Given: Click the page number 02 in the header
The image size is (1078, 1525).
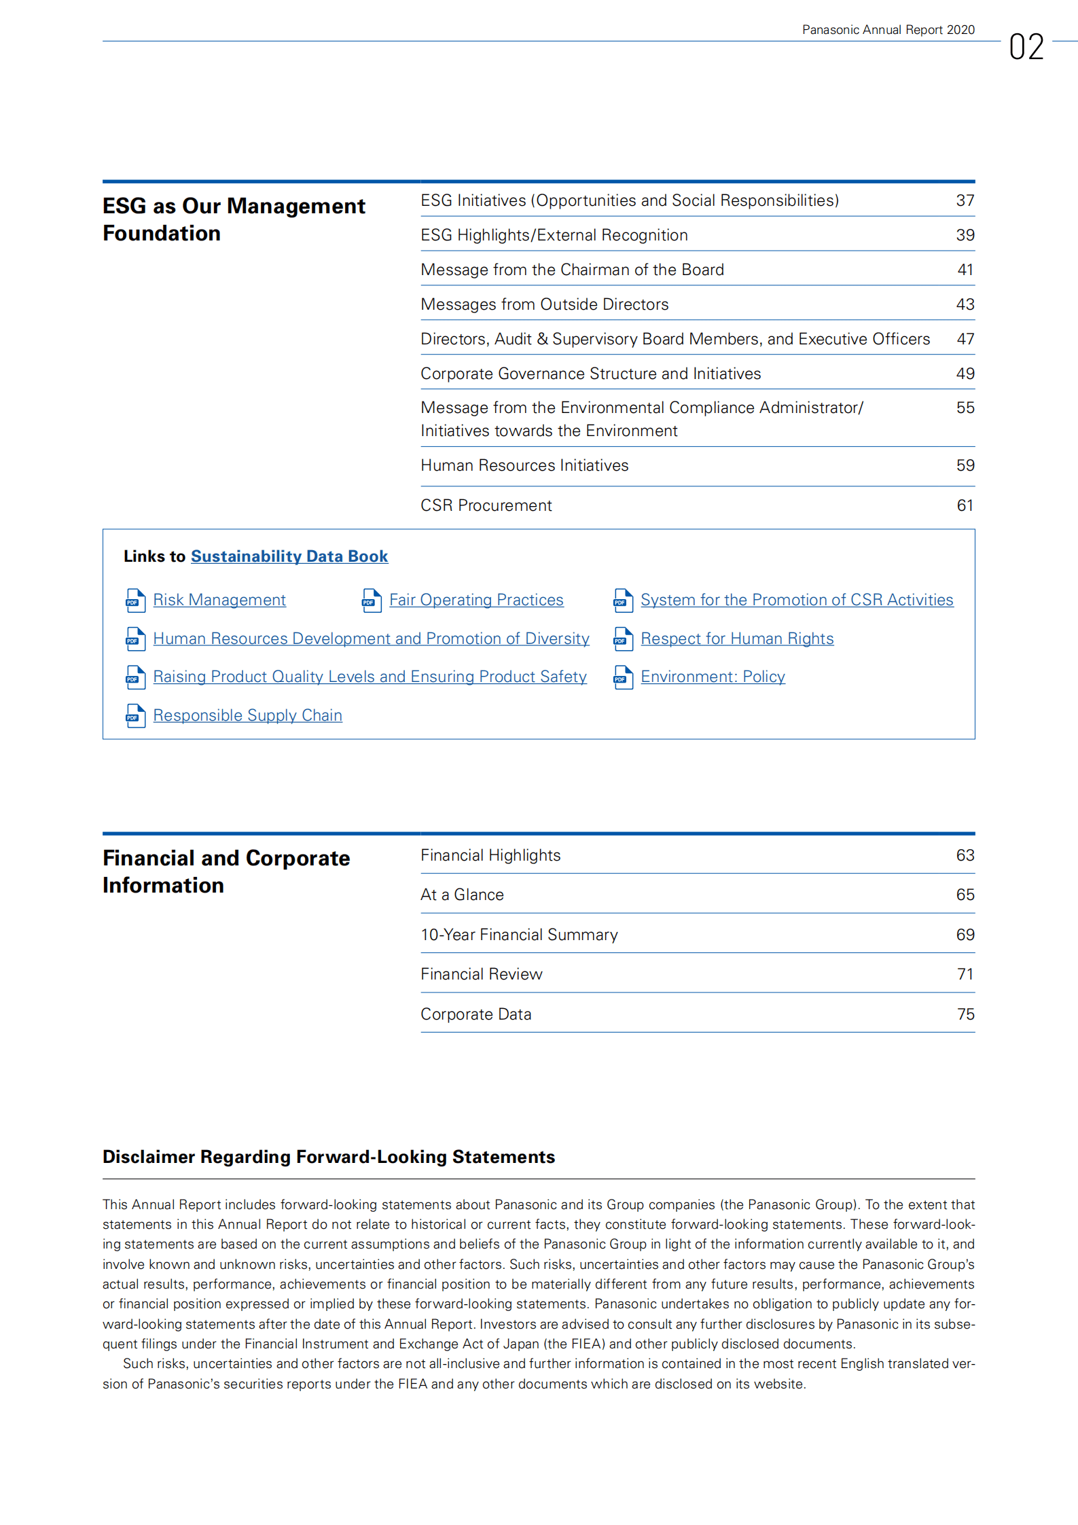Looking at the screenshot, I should click(1026, 47).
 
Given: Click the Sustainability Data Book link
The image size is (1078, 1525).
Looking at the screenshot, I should click(289, 556).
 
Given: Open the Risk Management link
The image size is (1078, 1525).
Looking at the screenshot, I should click(219, 600).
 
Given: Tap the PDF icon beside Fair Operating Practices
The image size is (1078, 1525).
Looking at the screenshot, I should click(371, 600).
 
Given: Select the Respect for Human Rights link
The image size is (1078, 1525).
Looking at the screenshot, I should click(736, 639).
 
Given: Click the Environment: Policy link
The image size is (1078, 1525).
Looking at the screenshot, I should click(713, 677).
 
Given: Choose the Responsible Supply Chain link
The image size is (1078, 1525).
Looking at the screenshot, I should click(247, 715).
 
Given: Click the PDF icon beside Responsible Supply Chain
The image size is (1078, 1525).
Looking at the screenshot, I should click(135, 716).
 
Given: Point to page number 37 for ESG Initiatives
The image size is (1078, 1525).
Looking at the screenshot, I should click(965, 200).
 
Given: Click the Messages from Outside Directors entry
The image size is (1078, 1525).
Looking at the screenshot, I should click(544, 304).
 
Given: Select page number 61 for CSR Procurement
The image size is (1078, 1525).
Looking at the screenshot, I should click(965, 505).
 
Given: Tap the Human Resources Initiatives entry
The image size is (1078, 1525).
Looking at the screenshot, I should click(524, 465).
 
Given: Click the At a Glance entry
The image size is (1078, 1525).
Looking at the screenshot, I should click(462, 895).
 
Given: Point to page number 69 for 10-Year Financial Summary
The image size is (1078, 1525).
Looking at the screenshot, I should click(965, 935).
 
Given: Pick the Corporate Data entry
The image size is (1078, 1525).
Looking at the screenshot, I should click(475, 1014).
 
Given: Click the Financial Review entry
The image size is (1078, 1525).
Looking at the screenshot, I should click(481, 974).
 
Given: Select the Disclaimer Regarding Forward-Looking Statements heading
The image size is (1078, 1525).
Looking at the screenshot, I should click(328, 1157).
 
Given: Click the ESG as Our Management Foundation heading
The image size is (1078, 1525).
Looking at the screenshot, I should click(234, 219).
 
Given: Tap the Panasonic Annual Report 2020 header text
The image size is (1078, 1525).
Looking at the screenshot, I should click(888, 30).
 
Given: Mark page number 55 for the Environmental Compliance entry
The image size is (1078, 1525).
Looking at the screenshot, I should click(965, 408).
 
